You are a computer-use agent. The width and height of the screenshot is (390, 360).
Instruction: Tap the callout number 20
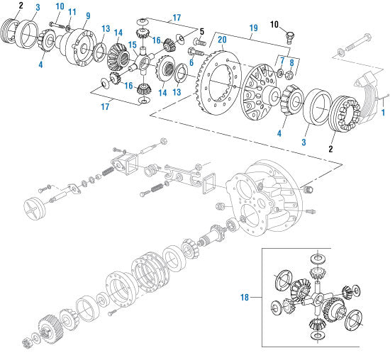[222, 40]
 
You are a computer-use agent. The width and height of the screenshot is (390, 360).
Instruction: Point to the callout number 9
[87, 15]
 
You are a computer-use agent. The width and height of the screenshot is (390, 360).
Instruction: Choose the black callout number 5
[201, 32]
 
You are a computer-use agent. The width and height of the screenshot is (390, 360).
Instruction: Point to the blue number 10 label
[59, 6]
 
